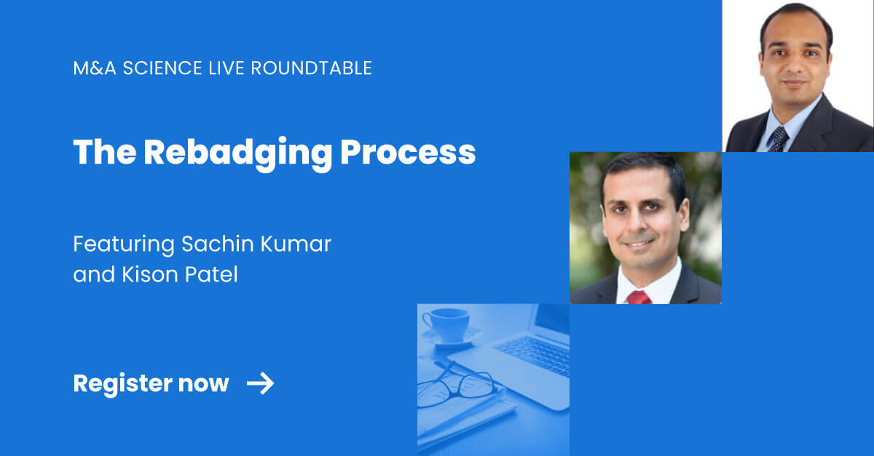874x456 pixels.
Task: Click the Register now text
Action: pos(151,383)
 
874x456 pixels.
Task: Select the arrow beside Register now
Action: pos(260,383)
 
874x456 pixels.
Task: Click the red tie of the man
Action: pos(639,297)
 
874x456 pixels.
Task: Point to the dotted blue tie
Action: pos(778,137)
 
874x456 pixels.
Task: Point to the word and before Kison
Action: pos(90,276)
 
